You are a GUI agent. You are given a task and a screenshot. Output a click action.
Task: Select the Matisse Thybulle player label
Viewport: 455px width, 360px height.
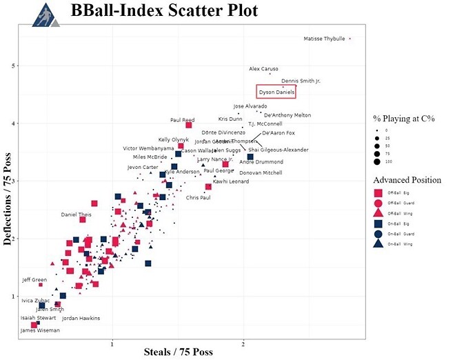(x=324, y=39)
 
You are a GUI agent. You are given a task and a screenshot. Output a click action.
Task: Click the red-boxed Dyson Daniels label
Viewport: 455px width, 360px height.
(x=276, y=92)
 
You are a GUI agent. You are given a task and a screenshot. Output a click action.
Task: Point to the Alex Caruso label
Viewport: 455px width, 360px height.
(x=263, y=69)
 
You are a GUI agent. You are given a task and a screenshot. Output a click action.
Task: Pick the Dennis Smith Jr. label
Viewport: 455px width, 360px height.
(x=301, y=81)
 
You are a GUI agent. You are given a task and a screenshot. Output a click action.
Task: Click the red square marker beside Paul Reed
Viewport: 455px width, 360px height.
(x=189, y=125)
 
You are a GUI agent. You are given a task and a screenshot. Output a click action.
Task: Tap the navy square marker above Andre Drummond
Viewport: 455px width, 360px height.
(x=250, y=157)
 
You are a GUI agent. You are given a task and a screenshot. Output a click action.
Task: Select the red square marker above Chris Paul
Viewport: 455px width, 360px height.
(x=208, y=187)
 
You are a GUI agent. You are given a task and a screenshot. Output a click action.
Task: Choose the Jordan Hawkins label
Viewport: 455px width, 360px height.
(x=81, y=318)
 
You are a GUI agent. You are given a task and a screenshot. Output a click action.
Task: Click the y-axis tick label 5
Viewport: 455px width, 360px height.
(x=12, y=66)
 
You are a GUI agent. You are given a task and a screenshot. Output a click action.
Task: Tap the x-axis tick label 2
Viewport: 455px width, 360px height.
(x=243, y=343)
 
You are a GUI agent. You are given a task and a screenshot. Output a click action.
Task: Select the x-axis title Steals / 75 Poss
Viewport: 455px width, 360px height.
(x=178, y=352)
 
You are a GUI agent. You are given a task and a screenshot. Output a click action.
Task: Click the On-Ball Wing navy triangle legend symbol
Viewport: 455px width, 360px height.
(x=378, y=243)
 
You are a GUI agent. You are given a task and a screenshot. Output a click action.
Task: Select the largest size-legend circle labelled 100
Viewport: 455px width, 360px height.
(x=378, y=162)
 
